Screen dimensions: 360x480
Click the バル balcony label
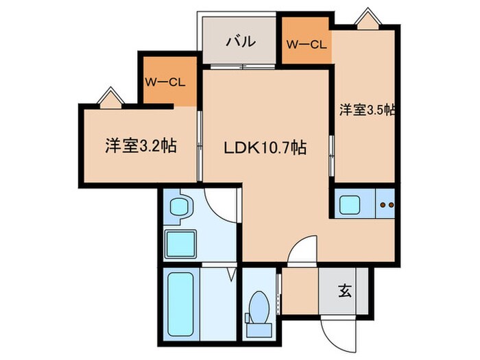point(241,41)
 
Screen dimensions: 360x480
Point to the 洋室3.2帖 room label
point(141,145)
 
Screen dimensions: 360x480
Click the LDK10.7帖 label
point(263,147)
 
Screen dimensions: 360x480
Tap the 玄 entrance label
point(344,291)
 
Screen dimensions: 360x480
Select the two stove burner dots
point(386,204)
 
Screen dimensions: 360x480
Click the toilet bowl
point(260,307)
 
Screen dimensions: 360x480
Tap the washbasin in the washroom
point(180,206)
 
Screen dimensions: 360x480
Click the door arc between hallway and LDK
point(303,250)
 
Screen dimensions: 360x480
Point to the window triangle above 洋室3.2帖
point(110,97)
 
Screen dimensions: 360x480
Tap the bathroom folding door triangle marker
point(232,276)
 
